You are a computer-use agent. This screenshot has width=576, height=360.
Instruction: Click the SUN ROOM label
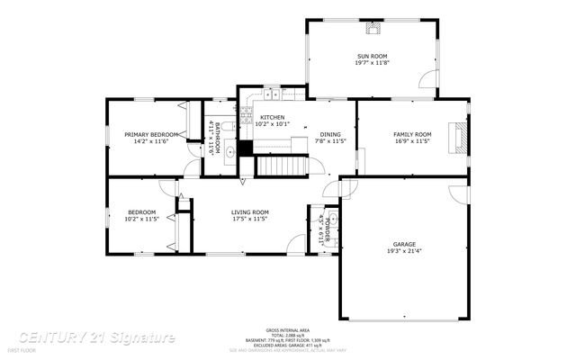(x=372, y=56)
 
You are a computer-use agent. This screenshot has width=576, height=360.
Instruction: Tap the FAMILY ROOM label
(x=412, y=134)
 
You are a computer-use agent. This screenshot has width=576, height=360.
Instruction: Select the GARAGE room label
(x=403, y=244)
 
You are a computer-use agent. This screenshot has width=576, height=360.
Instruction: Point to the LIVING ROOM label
(x=249, y=211)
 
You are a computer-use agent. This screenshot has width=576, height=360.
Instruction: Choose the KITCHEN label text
(x=273, y=118)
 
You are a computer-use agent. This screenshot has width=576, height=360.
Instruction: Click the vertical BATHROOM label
(x=217, y=139)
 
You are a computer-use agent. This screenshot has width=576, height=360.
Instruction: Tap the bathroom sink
(x=229, y=152)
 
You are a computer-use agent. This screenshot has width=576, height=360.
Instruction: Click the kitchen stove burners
(x=245, y=112)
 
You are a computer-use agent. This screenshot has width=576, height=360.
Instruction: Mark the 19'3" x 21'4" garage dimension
(x=403, y=251)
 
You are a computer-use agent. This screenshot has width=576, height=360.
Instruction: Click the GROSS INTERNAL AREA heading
(x=287, y=330)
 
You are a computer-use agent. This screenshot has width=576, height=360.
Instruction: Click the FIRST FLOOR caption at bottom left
(x=20, y=348)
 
